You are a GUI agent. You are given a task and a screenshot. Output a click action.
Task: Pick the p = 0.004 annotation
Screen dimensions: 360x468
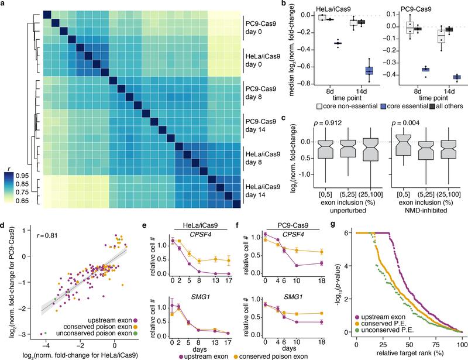point(388,124)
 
